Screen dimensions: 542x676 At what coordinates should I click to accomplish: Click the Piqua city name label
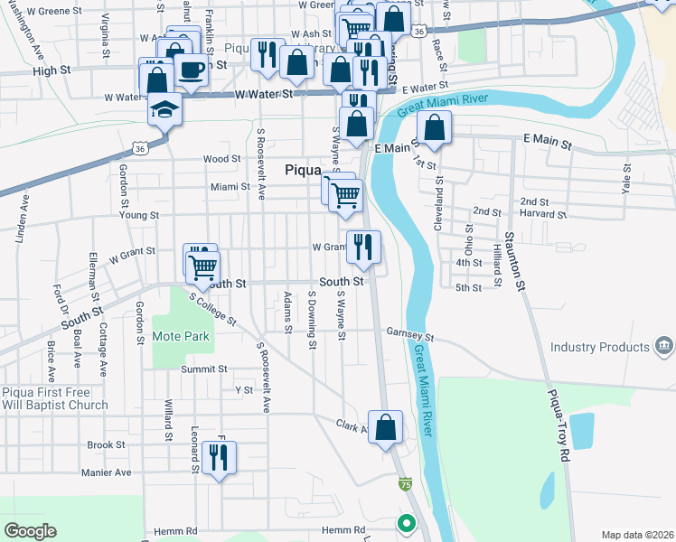pyautogui.click(x=303, y=169)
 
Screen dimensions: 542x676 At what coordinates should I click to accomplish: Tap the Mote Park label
pyautogui.click(x=181, y=336)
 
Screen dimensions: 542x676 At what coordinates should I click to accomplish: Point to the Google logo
pyautogui.click(x=30, y=531)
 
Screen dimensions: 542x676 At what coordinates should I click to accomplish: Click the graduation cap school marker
pyautogui.click(x=165, y=110)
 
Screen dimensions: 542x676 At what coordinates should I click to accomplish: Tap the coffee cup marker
pyautogui.click(x=190, y=69)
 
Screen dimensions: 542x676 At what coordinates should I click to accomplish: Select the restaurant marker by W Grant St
pyautogui.click(x=363, y=246)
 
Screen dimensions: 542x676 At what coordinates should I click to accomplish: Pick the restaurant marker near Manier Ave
pyautogui.click(x=219, y=457)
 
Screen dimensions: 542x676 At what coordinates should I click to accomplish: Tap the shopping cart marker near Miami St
pyautogui.click(x=344, y=194)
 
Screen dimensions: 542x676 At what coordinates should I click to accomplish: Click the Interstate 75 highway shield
pyautogui.click(x=406, y=485)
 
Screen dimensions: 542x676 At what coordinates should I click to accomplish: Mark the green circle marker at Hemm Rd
pyautogui.click(x=407, y=522)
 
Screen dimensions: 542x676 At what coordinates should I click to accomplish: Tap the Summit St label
pyautogui.click(x=203, y=369)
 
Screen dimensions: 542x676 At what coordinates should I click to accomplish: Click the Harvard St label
pyautogui.click(x=544, y=215)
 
